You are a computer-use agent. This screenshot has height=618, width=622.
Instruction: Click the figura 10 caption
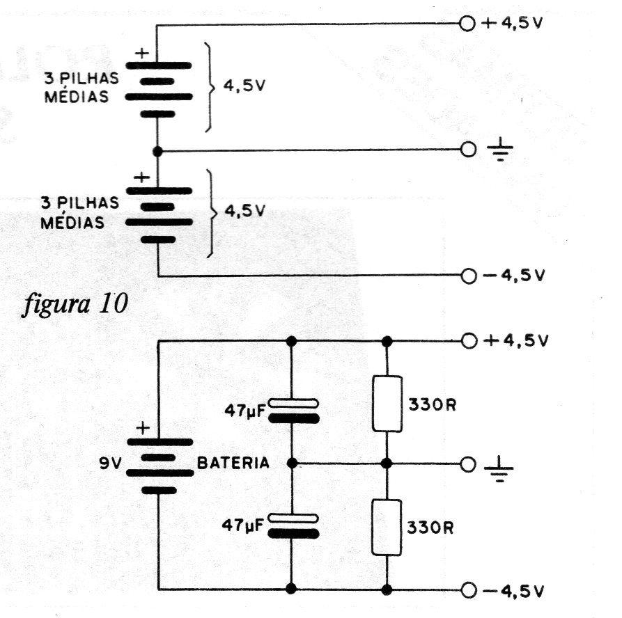[75, 304]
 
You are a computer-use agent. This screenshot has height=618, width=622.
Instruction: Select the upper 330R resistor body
[387, 404]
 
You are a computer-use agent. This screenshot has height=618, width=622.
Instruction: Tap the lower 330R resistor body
[387, 528]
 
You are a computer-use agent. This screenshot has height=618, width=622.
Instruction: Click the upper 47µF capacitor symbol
[293, 411]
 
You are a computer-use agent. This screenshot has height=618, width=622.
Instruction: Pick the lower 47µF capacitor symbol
[293, 526]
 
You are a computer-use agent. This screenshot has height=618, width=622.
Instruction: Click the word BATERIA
[233, 463]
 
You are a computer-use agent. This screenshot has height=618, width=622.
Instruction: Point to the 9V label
[110, 463]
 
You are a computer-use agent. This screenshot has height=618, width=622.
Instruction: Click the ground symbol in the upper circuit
[500, 149]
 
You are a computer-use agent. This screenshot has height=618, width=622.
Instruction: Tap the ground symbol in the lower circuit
[499, 468]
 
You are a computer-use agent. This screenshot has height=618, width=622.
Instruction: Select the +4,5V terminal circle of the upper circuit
[467, 24]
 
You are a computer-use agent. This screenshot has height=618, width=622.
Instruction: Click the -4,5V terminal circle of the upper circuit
[469, 276]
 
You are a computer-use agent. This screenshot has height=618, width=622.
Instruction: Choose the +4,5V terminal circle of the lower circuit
[469, 341]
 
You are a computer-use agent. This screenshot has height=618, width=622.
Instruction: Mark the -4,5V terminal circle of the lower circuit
[469, 590]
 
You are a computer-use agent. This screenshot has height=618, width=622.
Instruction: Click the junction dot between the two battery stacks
[157, 151]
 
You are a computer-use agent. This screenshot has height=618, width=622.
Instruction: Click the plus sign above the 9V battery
[143, 428]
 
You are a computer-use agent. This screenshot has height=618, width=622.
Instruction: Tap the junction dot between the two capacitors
[292, 463]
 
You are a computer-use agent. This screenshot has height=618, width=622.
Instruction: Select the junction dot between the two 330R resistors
[387, 463]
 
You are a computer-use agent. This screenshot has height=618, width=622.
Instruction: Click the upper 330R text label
[433, 405]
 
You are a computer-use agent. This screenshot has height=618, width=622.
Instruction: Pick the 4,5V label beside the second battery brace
[244, 211]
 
